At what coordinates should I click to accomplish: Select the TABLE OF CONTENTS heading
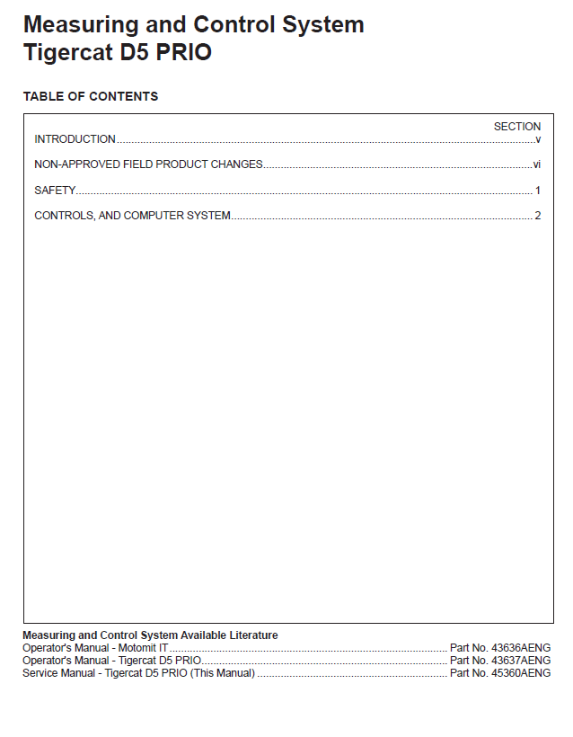tap(90, 96)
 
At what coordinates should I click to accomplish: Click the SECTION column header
tap(517, 127)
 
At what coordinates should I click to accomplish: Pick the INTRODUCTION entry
tap(75, 139)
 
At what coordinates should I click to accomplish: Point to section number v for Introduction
tap(538, 139)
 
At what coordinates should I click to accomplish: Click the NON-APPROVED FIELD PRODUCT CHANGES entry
tap(148, 164)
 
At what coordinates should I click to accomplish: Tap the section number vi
tap(536, 164)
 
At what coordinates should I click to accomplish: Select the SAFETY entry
tap(55, 191)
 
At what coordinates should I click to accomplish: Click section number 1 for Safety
tap(538, 191)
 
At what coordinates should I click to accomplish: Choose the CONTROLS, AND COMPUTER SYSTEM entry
tap(132, 216)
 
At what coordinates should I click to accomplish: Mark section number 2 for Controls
tap(538, 216)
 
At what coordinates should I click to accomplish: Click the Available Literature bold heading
tap(150, 635)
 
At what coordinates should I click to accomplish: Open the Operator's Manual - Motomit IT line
tap(95, 648)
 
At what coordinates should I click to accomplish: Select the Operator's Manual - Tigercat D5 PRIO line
tap(111, 661)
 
